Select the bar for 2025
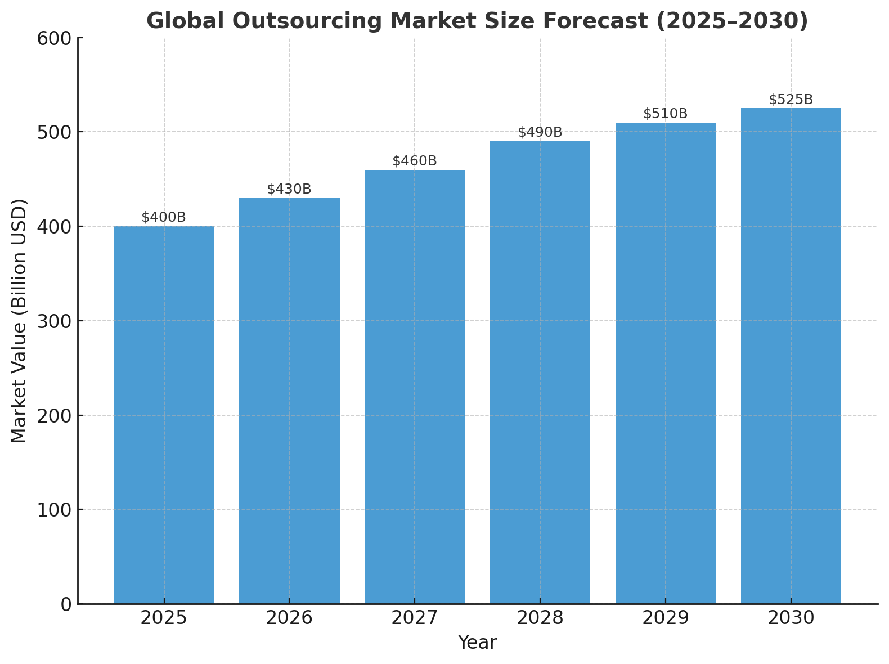pyautogui.click(x=164, y=415)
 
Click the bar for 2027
pyautogui.click(x=415, y=387)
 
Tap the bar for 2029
pyautogui.click(x=666, y=363)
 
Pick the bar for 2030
pyautogui.click(x=791, y=356)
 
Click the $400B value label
pyautogui.click(x=164, y=218)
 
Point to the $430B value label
pyautogui.click(x=289, y=190)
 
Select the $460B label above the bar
pyautogui.click(x=415, y=161)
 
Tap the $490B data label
pyautogui.click(x=540, y=133)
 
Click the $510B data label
pyautogui.click(x=666, y=114)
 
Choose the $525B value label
pyautogui.click(x=791, y=100)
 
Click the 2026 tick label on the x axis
pyautogui.click(x=289, y=618)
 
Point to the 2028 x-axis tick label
pyautogui.click(x=540, y=618)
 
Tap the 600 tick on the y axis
pyautogui.click(x=54, y=38)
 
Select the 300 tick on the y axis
pyautogui.click(x=54, y=321)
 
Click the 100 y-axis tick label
pyautogui.click(x=54, y=510)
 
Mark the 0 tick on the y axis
pyautogui.click(x=66, y=604)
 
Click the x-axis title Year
pyautogui.click(x=477, y=643)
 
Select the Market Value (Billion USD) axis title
pyautogui.click(x=20, y=321)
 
